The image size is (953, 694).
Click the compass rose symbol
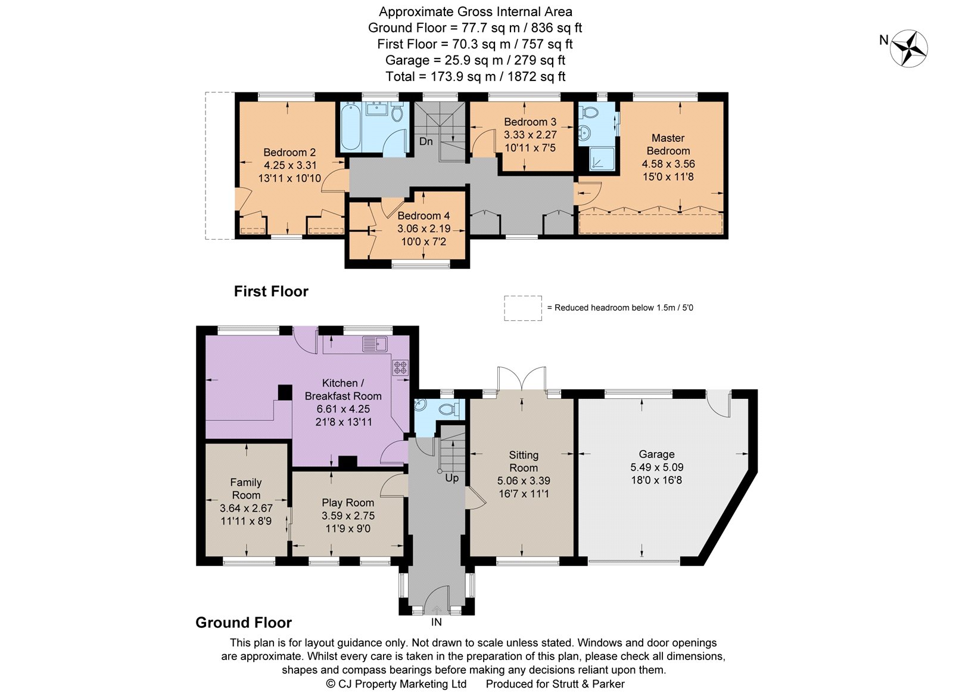click(x=909, y=48)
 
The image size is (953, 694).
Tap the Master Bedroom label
click(x=668, y=144)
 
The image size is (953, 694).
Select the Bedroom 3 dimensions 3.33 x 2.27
click(x=530, y=135)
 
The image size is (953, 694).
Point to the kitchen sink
click(x=375, y=343)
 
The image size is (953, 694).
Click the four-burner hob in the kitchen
click(x=400, y=368)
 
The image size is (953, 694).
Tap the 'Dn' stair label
click(x=426, y=141)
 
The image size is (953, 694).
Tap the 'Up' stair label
click(x=452, y=478)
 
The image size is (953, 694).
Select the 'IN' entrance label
click(x=437, y=622)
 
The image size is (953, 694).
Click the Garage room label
click(x=656, y=454)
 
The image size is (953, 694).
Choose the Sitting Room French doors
click(x=522, y=379)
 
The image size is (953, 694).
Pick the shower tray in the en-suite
click(x=602, y=159)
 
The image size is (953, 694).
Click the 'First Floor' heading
click(x=271, y=291)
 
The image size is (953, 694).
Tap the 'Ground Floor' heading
click(x=244, y=622)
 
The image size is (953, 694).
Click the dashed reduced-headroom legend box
click(x=523, y=308)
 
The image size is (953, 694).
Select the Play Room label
click(x=348, y=503)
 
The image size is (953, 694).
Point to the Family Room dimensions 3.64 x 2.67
click(x=246, y=508)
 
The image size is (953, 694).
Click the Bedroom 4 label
click(x=423, y=215)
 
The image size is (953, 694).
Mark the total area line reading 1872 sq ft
click(x=475, y=77)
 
